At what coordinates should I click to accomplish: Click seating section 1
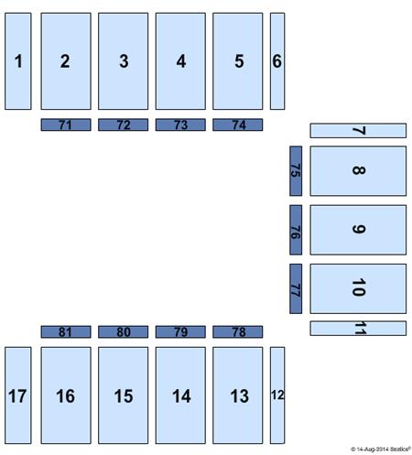(18, 61)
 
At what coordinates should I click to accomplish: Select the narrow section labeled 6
(277, 61)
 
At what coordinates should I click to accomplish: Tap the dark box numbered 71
(66, 125)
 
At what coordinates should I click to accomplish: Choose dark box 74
(238, 125)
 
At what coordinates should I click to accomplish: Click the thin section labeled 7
(358, 131)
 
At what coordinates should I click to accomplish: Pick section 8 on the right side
(358, 171)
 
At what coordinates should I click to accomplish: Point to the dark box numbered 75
(296, 171)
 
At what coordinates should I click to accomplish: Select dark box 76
(296, 230)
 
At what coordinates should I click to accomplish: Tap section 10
(358, 288)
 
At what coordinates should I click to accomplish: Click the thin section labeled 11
(358, 329)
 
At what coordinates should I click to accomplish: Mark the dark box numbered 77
(296, 288)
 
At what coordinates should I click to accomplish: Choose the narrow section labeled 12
(277, 395)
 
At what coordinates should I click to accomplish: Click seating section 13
(238, 395)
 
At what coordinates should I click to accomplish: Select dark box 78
(238, 331)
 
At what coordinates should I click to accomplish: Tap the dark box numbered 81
(66, 331)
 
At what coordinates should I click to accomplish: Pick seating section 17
(18, 395)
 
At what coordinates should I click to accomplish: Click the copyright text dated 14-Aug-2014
(381, 450)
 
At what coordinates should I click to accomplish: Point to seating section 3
(124, 61)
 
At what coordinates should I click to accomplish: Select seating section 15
(124, 395)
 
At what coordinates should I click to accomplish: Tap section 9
(358, 230)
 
